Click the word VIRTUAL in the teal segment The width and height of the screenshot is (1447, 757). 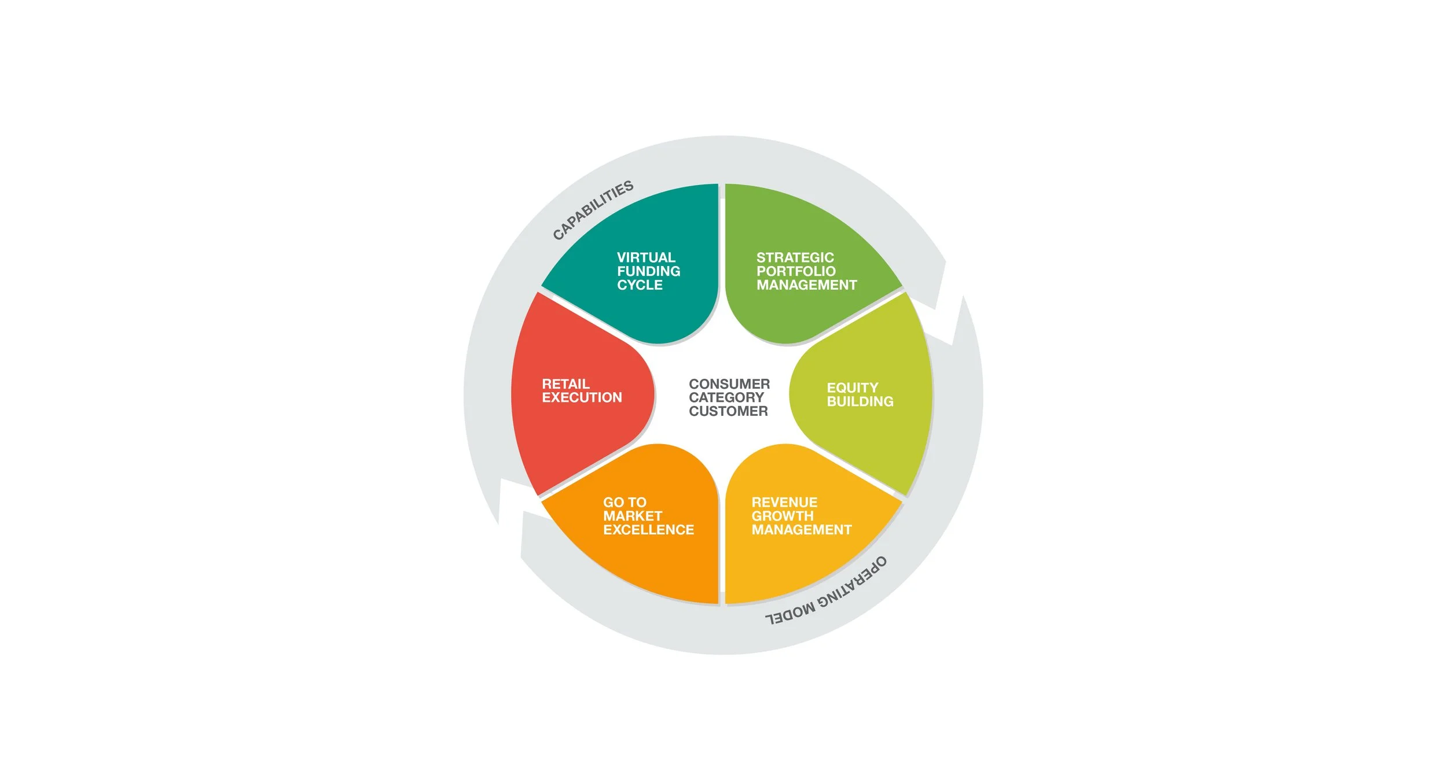point(646,257)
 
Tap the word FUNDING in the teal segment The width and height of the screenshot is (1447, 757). point(648,271)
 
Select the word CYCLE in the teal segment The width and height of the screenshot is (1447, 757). point(640,285)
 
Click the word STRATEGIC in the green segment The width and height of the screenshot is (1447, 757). point(795,257)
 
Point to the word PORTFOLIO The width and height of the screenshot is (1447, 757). point(796,271)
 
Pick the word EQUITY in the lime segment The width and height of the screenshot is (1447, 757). point(852,387)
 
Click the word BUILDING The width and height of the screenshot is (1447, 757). point(860,401)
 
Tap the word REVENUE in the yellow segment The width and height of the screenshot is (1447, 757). point(784,502)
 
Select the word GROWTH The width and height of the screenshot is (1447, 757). point(783,516)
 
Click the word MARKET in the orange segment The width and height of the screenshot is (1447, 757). point(632,516)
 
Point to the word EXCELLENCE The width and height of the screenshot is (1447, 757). point(648,530)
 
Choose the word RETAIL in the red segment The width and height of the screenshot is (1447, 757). point(565,384)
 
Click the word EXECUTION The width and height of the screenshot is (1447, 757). point(582,398)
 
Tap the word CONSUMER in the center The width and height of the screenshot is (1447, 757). point(729,384)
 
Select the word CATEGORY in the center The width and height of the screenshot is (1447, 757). point(726,398)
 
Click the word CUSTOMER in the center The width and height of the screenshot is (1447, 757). point(728,411)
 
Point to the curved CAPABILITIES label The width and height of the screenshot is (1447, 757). point(593,210)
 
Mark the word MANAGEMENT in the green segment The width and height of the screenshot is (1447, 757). point(806,285)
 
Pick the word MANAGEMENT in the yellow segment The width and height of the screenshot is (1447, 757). point(801,530)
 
